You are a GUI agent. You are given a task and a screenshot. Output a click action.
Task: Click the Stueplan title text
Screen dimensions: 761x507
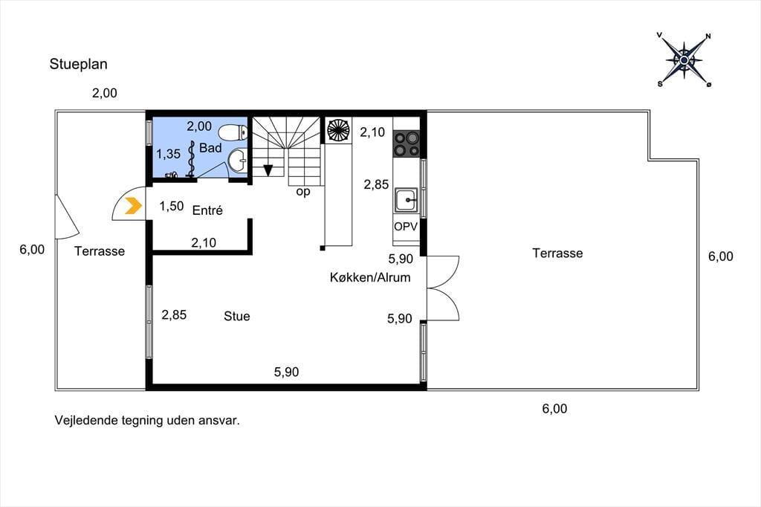78,65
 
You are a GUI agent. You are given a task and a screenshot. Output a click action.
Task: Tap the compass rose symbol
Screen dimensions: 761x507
684,60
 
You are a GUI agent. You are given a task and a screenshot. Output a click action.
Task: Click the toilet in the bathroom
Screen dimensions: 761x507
233,132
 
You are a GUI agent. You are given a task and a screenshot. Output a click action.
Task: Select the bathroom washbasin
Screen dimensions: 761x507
238,161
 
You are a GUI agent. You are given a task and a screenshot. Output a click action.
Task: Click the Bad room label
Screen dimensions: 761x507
210,148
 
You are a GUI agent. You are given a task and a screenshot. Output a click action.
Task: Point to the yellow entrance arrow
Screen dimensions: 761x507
133,206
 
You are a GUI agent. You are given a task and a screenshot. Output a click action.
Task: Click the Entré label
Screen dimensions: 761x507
207,210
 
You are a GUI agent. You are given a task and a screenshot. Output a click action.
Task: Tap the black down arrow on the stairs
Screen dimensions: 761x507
268,170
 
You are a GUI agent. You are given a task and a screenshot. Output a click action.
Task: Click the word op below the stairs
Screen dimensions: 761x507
303,193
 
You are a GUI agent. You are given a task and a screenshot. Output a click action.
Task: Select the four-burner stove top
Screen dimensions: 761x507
407,143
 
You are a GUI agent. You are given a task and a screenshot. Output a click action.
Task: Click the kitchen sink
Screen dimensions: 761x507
406,200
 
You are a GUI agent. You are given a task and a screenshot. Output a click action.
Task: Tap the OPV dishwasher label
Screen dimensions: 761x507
406,226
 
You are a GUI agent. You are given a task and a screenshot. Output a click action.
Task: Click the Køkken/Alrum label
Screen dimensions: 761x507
370,277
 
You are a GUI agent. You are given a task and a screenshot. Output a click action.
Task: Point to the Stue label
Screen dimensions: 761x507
237,316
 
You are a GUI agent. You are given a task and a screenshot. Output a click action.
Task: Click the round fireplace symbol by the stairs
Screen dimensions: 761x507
338,130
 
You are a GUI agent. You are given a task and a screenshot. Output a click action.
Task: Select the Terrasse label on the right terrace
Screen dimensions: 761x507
557,253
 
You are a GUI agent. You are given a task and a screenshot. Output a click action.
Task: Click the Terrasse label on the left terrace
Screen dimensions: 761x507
100,251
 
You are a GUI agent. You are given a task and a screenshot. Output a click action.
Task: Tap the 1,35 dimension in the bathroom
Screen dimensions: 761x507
168,155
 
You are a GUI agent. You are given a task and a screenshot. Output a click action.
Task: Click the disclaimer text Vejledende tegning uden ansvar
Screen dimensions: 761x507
147,421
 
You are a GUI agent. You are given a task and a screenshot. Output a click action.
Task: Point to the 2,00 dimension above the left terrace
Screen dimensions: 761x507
105,93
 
